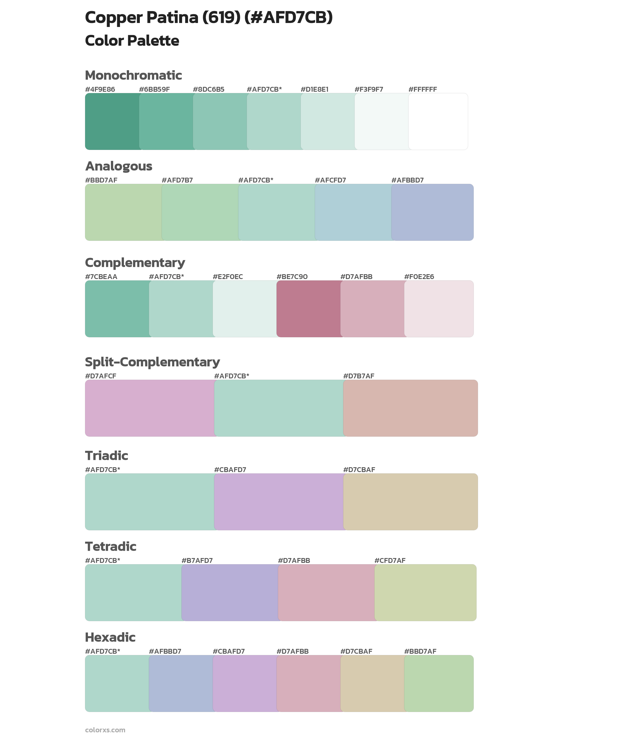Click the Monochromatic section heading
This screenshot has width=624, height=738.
click(133, 76)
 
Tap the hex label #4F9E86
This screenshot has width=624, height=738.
click(100, 89)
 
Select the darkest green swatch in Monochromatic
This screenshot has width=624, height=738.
click(112, 121)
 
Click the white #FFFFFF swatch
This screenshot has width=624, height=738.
click(438, 121)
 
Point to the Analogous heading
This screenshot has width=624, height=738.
click(119, 166)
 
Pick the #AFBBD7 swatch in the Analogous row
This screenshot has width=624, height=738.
click(432, 212)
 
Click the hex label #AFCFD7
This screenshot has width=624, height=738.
click(330, 180)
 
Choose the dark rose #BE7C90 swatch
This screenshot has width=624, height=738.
click(309, 309)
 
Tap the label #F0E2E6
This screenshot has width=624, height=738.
click(419, 277)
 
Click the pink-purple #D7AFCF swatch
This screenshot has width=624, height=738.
click(150, 408)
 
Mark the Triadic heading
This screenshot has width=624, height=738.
click(106, 456)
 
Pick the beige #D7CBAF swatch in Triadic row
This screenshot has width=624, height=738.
click(410, 502)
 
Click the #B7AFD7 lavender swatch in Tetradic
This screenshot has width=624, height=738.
click(230, 592)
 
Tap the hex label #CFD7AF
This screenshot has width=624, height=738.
click(389, 560)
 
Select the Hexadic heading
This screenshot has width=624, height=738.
click(110, 637)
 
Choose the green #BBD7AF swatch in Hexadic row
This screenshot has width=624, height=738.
click(439, 684)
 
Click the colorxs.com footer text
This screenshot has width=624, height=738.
click(105, 730)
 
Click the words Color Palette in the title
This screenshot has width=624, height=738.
click(132, 41)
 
